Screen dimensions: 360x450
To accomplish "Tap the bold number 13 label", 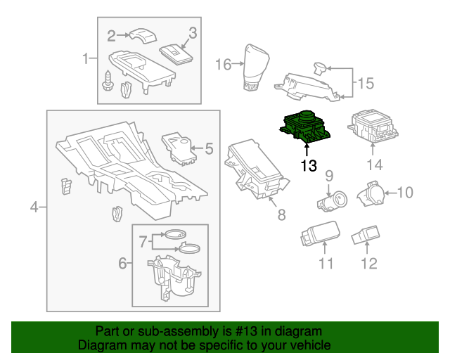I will point(308,166).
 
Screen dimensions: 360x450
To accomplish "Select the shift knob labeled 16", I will point(254,68).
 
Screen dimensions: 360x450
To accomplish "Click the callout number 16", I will point(223,65).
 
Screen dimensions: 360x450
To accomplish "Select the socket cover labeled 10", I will point(370,193).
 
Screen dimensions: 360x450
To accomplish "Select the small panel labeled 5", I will point(179,146).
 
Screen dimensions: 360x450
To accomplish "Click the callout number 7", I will point(143,241).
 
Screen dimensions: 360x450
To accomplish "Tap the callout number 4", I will point(33,207).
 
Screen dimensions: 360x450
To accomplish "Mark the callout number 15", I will point(362,84).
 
